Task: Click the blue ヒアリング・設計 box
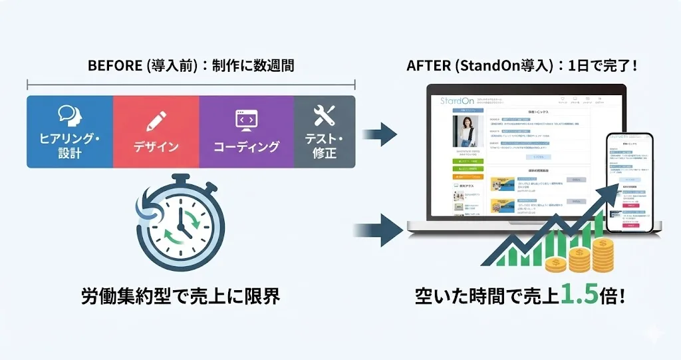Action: coord(69,132)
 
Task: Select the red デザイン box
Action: coord(156,132)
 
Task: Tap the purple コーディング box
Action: coord(246,132)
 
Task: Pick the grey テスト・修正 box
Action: coord(325,132)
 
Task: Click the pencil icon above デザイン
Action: coord(156,120)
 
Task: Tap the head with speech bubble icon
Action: coord(69,116)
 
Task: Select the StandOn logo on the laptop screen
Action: coord(456,101)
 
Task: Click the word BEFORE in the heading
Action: coord(110,66)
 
